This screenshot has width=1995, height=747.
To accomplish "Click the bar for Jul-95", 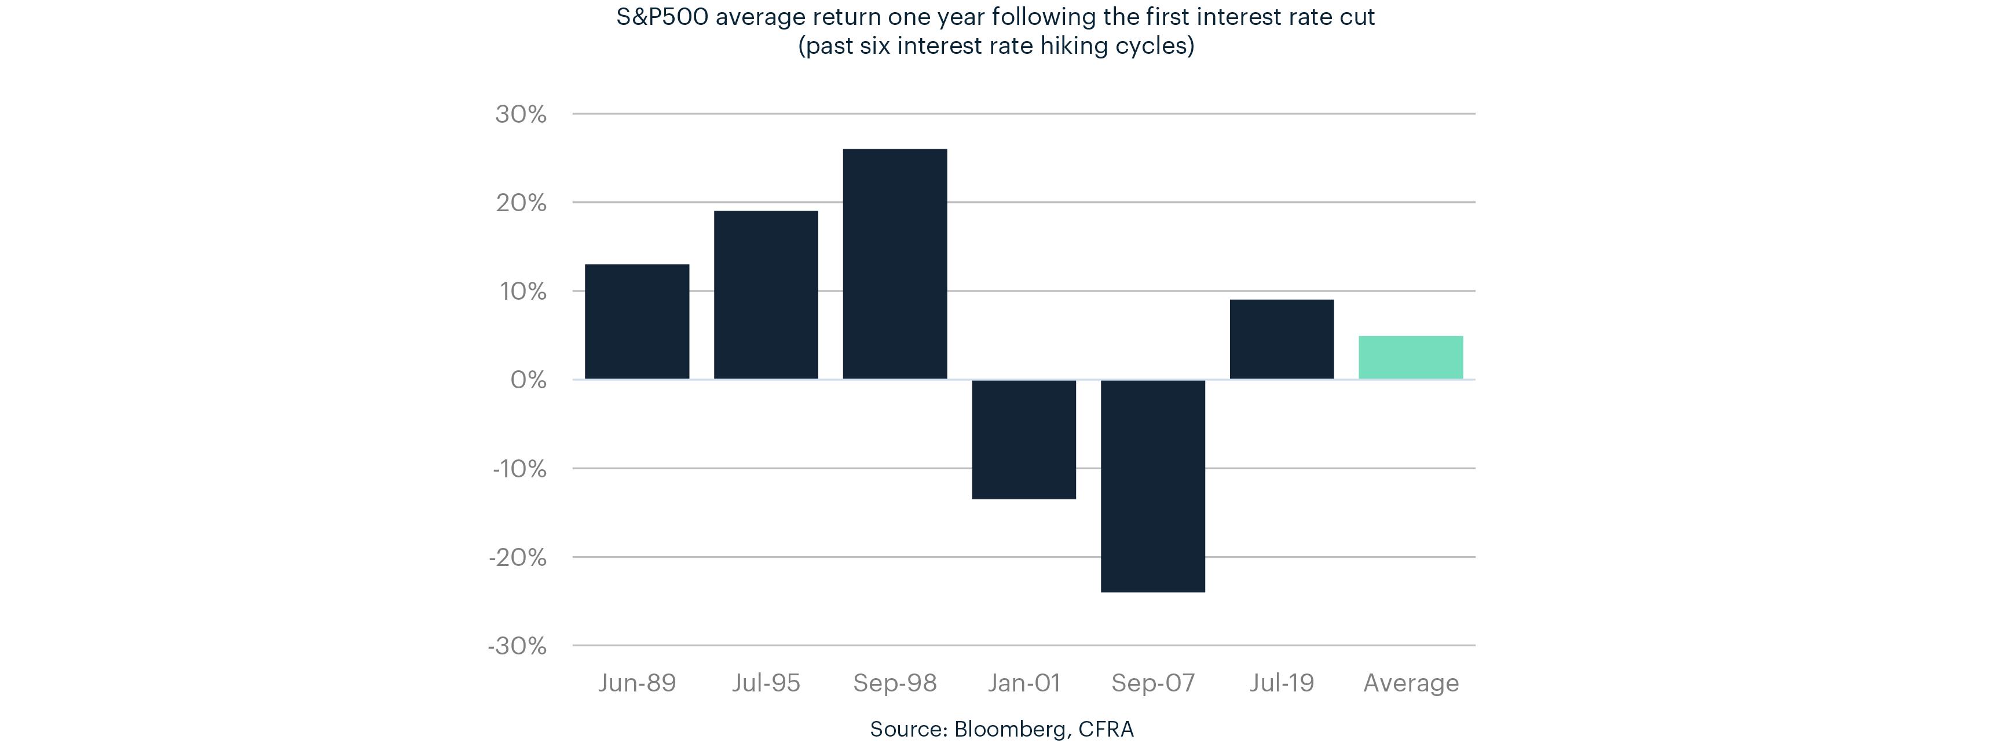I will tap(766, 295).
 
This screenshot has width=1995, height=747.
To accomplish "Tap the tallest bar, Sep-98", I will tap(895, 264).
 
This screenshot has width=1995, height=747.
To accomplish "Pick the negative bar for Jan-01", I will tap(1024, 439).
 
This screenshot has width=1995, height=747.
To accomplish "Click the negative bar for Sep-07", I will tap(1152, 485).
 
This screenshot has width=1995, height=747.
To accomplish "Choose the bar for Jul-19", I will tap(1282, 339).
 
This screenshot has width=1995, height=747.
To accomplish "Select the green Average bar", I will tap(1410, 358).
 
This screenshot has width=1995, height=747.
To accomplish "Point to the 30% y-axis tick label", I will tap(521, 115).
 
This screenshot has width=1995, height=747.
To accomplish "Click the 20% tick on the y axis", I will tap(521, 203).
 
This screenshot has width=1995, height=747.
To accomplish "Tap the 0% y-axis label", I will tap(528, 380).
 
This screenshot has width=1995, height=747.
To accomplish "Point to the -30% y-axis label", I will tap(517, 646).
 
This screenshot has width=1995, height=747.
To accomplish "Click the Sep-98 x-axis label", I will tap(895, 683).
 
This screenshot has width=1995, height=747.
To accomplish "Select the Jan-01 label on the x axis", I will tap(1024, 683).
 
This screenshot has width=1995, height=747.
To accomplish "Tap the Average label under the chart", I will tap(1410, 683).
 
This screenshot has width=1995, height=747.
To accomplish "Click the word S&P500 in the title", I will tap(661, 17).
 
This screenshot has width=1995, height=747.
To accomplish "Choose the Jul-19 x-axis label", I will tap(1282, 683).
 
